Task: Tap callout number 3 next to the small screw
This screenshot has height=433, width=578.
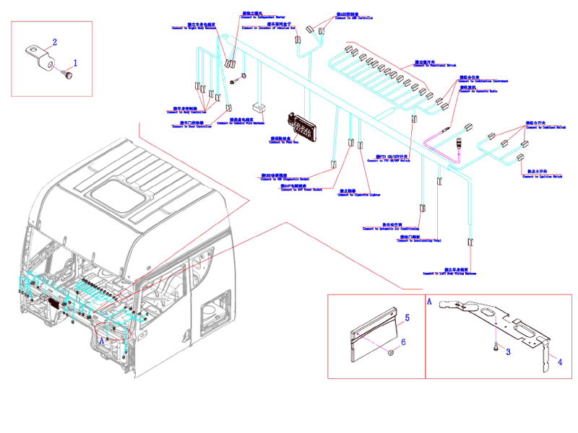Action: coord(508,351)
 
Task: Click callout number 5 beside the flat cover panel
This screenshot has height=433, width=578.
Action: coord(407,317)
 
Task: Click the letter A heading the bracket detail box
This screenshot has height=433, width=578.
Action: coord(431,300)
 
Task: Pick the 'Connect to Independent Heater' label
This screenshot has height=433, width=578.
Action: coord(260,16)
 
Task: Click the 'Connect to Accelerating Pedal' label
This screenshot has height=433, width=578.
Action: coord(420,239)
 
